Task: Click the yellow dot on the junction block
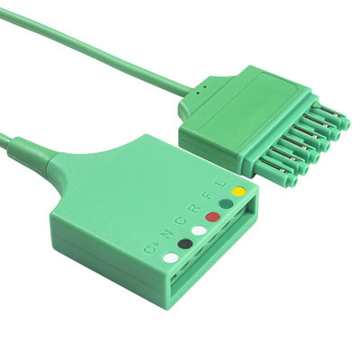tap(238, 191)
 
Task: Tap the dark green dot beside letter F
tap(224, 203)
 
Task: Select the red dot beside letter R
tap(212, 217)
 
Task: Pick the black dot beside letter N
tap(184, 243)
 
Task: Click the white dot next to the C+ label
tap(170, 257)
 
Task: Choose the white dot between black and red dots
tap(199, 230)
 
